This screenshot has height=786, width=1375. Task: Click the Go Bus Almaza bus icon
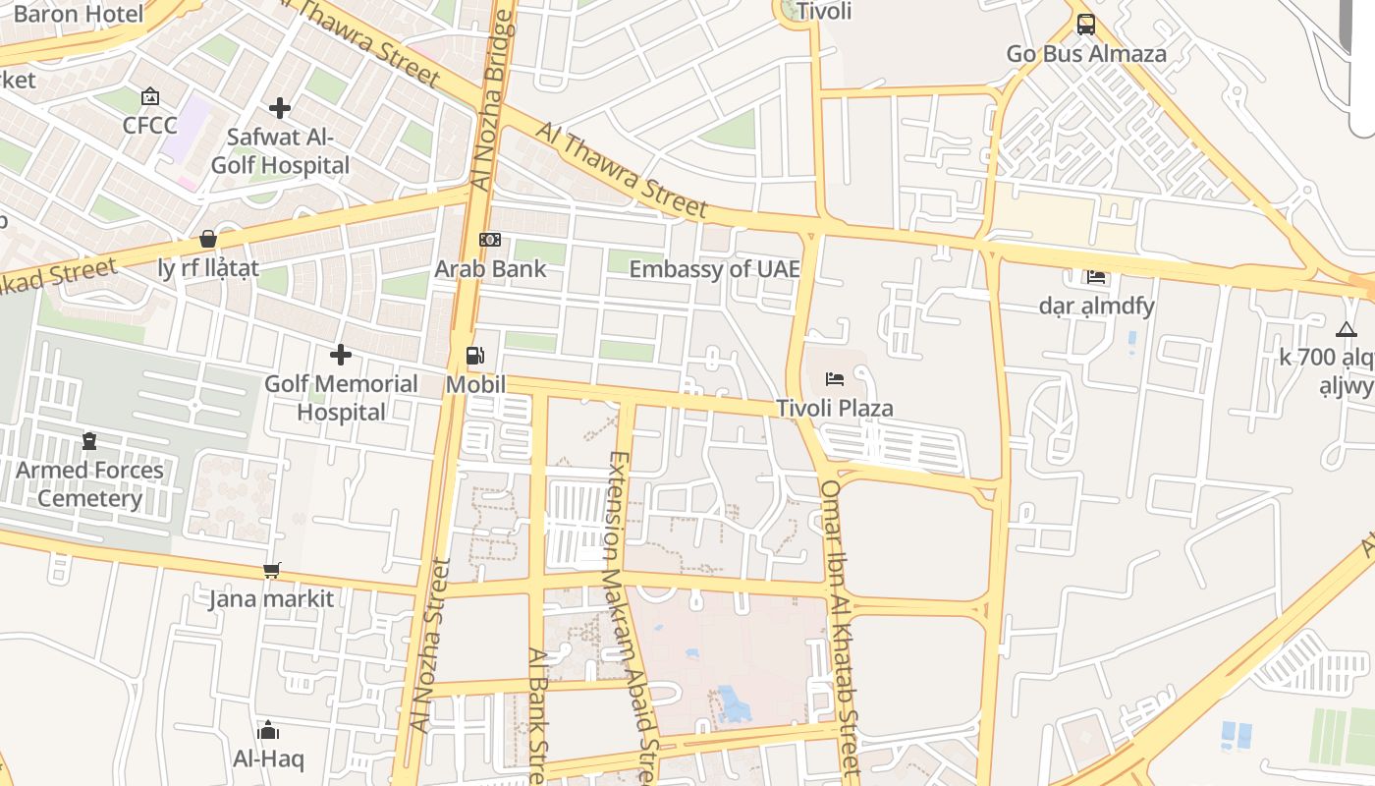[1085, 24]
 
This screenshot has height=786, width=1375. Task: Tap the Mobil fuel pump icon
[475, 355]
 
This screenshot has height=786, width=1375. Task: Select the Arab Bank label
[490, 268]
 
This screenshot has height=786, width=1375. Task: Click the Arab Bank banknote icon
[489, 240]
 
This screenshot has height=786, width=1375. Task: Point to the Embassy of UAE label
[714, 269]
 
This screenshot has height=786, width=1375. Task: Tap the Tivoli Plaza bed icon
[835, 378]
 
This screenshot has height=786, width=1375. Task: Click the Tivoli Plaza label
[835, 408]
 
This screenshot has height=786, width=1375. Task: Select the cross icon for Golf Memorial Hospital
[341, 354]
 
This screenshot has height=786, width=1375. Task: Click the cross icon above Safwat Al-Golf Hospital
[280, 108]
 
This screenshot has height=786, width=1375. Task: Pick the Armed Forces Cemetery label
[89, 484]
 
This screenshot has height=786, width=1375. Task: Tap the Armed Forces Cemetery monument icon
[89, 441]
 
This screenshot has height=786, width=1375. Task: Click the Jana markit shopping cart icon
[272, 570]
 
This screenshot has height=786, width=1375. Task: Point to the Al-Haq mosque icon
[268, 730]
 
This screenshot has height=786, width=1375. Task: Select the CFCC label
[150, 126]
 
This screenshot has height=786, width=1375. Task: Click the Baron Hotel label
[79, 14]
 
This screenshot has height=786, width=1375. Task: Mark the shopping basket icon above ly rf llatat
[208, 239]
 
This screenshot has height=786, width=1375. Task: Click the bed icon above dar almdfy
[1096, 277]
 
